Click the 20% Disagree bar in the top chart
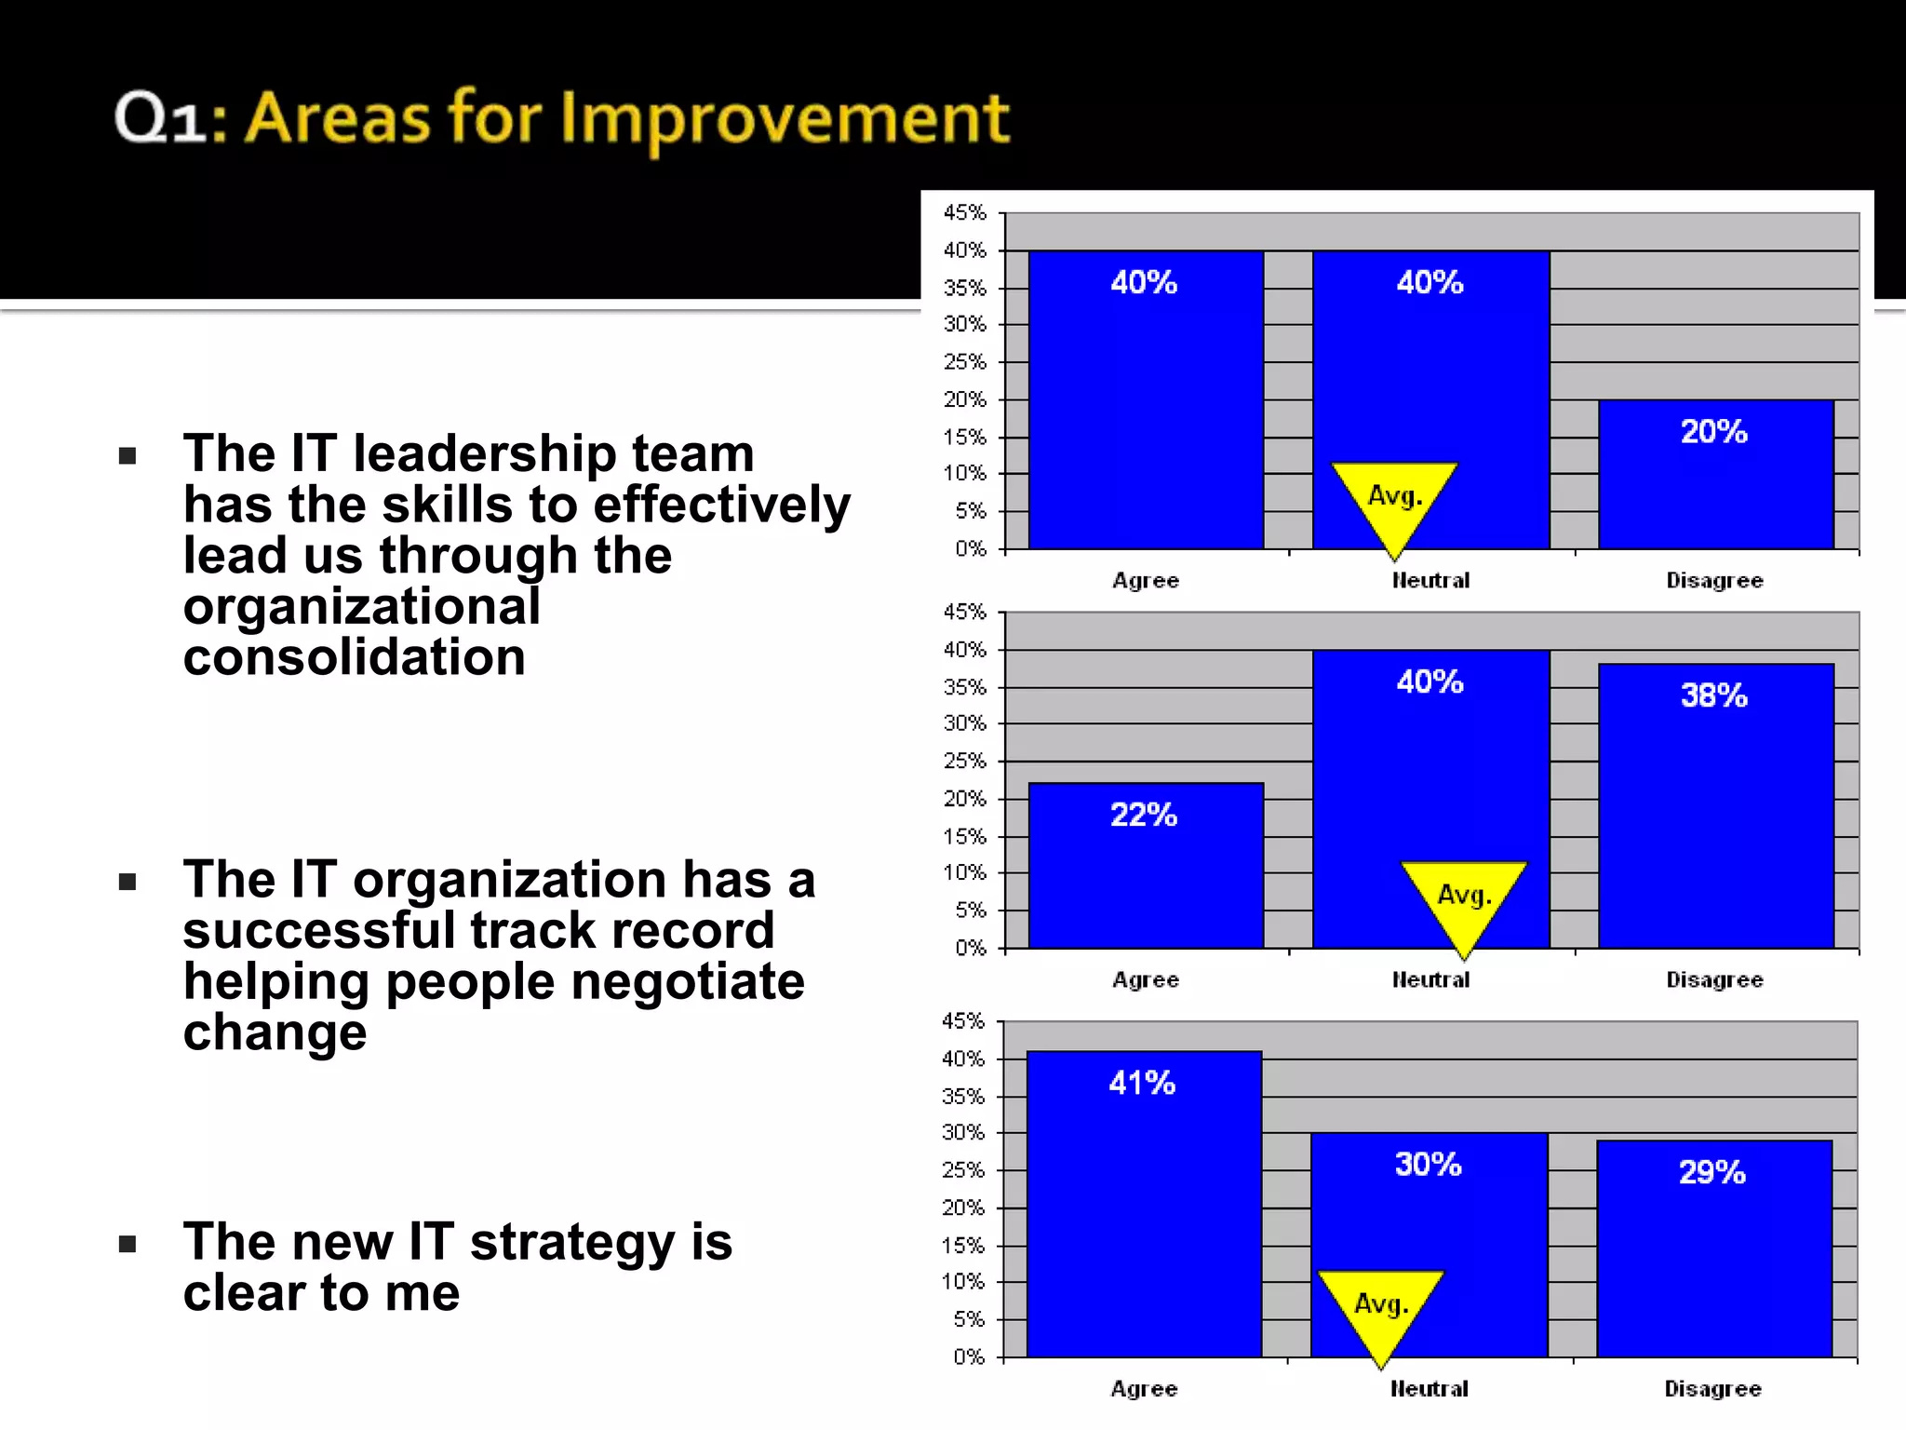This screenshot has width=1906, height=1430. (x=1715, y=484)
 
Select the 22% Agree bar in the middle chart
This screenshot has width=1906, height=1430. (x=1146, y=875)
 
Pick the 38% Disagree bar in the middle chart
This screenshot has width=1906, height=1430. (x=1715, y=819)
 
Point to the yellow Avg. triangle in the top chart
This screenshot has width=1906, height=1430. (x=1394, y=498)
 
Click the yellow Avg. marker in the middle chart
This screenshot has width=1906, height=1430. (x=1464, y=897)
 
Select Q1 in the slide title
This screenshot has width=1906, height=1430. (x=159, y=119)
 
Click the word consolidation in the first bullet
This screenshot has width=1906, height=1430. (x=355, y=657)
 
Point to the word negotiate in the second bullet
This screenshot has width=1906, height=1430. (x=688, y=981)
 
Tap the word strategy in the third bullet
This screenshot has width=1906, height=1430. (x=571, y=1242)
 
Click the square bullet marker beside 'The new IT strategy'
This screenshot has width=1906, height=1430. (x=128, y=1244)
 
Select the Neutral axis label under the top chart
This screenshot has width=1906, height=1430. (x=1430, y=581)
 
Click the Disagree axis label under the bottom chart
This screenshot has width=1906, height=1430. (x=1712, y=1389)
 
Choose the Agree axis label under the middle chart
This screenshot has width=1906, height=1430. (x=1146, y=980)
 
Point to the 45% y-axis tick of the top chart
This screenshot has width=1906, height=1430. (x=964, y=213)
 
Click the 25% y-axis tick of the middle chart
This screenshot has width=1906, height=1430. (x=964, y=762)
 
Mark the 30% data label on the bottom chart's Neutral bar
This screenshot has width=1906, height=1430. (x=1428, y=1165)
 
